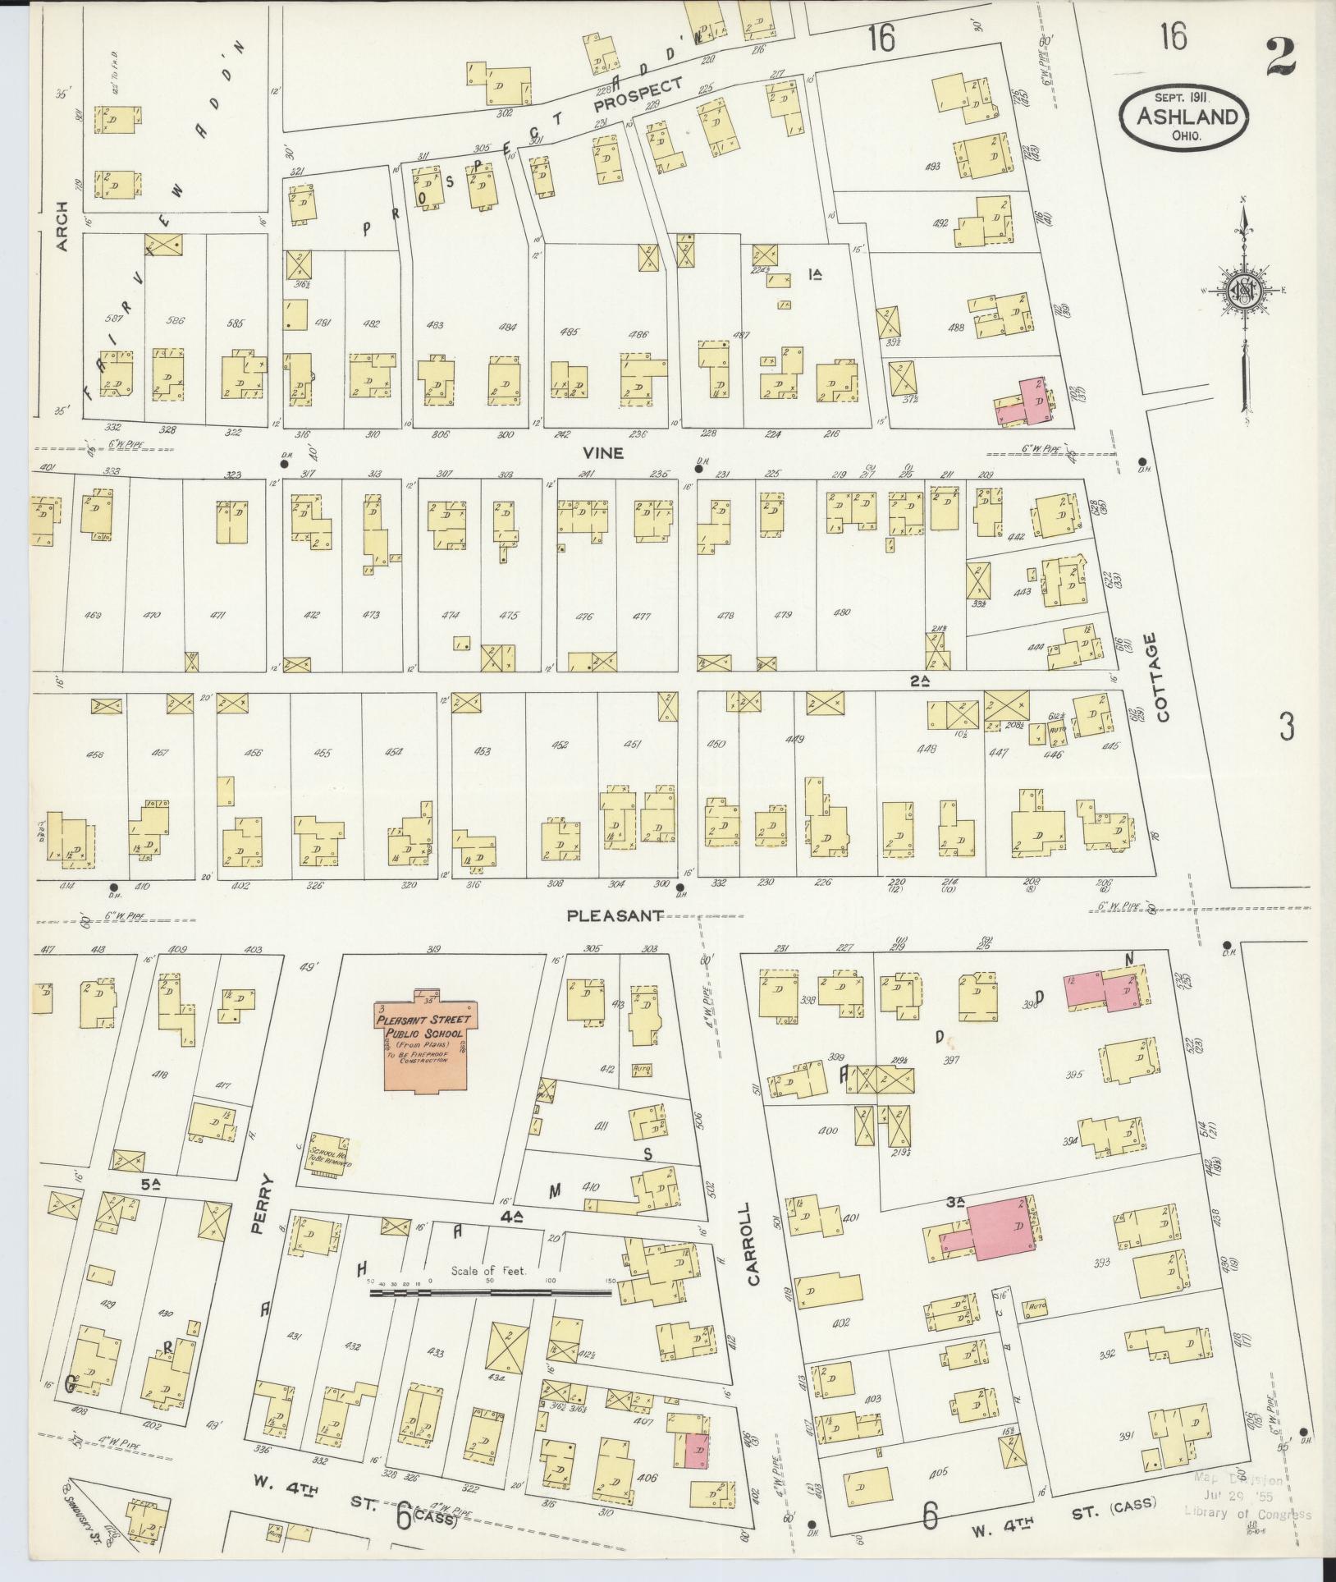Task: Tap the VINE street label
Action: (603, 453)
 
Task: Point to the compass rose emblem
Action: (1242, 292)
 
